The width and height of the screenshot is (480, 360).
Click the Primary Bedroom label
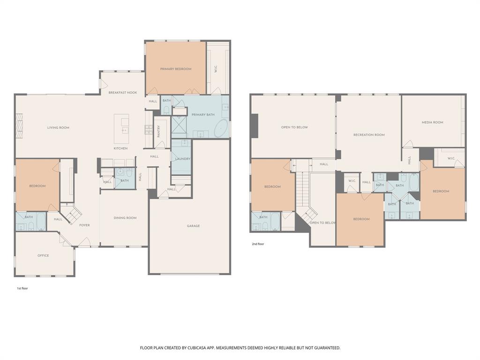(176, 69)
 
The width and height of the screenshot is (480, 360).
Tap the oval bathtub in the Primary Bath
(221, 128)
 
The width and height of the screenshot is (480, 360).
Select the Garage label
(193, 226)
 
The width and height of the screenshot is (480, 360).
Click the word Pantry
(158, 131)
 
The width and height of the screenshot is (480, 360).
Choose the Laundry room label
(183, 159)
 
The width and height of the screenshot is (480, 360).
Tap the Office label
(43, 255)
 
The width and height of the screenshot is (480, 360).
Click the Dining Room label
(125, 218)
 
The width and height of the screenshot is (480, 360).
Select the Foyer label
(84, 225)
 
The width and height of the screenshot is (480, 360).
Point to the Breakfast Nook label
(123, 92)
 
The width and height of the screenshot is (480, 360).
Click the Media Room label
(433, 122)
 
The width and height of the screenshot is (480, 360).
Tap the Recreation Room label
(369, 135)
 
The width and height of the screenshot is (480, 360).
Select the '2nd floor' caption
(258, 244)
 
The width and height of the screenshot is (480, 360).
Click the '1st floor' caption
(22, 288)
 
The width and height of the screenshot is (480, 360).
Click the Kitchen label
(120, 149)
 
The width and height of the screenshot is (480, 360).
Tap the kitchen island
(121, 128)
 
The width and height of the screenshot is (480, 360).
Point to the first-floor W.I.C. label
(216, 69)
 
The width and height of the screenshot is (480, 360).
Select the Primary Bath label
(203, 115)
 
